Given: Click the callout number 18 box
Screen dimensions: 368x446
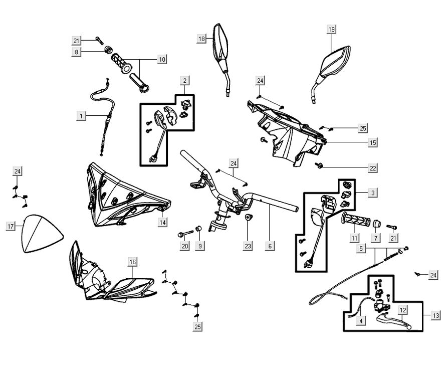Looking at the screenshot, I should [201, 39].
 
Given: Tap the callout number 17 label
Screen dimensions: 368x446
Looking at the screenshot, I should [10, 227].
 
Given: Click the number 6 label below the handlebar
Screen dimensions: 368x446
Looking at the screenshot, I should [270, 246].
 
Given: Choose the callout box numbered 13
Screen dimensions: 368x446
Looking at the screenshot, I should [436, 315].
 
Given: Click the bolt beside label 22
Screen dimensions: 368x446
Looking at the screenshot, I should [320, 165].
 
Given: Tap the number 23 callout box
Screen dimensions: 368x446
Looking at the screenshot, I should [248, 246].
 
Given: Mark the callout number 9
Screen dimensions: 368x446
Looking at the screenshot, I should [200, 246].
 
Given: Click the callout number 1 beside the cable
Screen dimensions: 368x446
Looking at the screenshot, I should [80, 116].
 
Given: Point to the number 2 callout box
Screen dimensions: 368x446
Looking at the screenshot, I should [185, 80].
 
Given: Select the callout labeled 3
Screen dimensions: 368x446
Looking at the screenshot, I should [373, 193].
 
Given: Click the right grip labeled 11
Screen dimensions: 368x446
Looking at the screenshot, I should [355, 221].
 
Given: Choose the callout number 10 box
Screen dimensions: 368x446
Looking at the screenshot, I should [162, 59].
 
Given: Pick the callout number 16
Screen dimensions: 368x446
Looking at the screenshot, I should [132, 262].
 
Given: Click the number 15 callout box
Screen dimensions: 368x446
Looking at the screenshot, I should [373, 143].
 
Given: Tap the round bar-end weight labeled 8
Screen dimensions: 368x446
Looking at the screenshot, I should [108, 51].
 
